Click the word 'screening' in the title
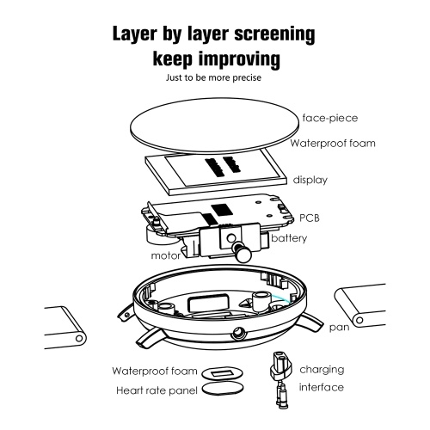[274, 34]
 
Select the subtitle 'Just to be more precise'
[213, 77]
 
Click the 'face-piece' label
[330, 118]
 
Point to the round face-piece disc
[214, 125]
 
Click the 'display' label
[310, 180]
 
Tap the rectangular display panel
[216, 172]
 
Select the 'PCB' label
[310, 218]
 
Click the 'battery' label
[289, 238]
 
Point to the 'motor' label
[166, 255]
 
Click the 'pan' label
[339, 328]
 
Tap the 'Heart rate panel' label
[157, 390]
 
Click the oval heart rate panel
[223, 390]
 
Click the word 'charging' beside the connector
[322, 370]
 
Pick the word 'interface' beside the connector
[321, 388]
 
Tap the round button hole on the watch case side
[238, 334]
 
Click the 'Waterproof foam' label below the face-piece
[333, 143]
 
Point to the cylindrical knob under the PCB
[243, 252]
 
